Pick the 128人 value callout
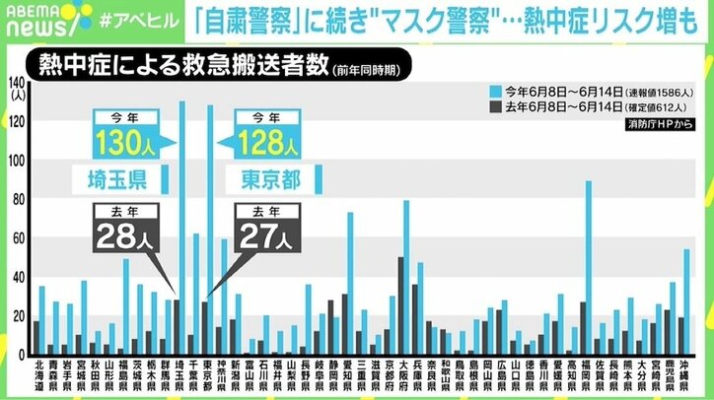267,141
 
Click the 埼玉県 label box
116,180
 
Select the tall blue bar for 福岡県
589,266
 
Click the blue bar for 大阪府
405,277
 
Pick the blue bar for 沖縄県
687,301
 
